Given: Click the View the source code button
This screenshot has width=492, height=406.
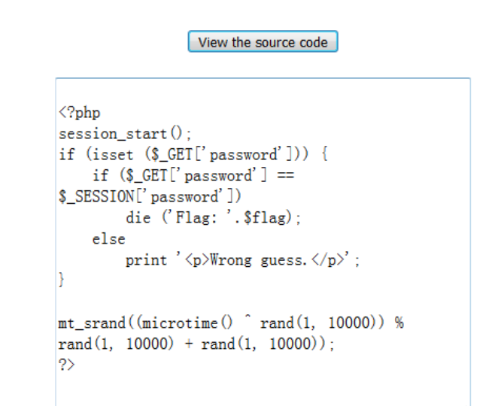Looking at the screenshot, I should tap(263, 42).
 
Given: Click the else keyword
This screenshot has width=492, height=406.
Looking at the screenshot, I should tap(108, 239).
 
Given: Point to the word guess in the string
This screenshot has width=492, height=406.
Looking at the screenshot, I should tap(281, 260).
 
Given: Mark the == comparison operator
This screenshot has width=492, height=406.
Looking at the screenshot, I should tap(284, 176).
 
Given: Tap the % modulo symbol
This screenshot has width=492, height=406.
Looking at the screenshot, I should tap(399, 323).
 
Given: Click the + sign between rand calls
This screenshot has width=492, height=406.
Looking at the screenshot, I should tap(189, 344).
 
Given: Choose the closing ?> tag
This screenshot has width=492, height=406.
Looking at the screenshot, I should tap(67, 365).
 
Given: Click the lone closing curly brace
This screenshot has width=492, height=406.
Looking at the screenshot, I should tap(62, 281).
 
